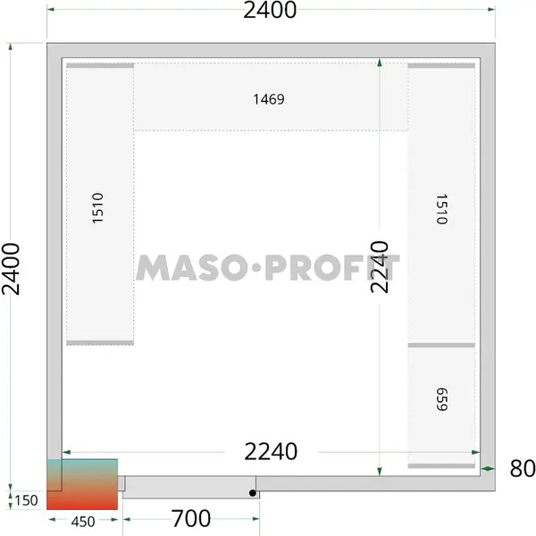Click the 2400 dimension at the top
coord(270,10)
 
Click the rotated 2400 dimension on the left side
coord(11,269)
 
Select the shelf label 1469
coord(269,99)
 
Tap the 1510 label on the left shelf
coord(97,208)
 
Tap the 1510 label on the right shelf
coord(441,209)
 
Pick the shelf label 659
coord(441,399)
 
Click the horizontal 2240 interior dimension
coord(271,451)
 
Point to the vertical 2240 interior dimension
coord(380,267)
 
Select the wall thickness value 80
coord(523,468)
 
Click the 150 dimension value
coord(26,500)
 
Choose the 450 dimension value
coord(83,522)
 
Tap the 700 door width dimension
coord(191,518)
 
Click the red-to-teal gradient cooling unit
coord(82,484)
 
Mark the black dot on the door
coord(253,493)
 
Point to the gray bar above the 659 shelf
coord(441,345)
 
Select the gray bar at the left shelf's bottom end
coord(100,342)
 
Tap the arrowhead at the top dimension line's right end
coord(491,9)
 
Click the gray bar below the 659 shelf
coord(441,465)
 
